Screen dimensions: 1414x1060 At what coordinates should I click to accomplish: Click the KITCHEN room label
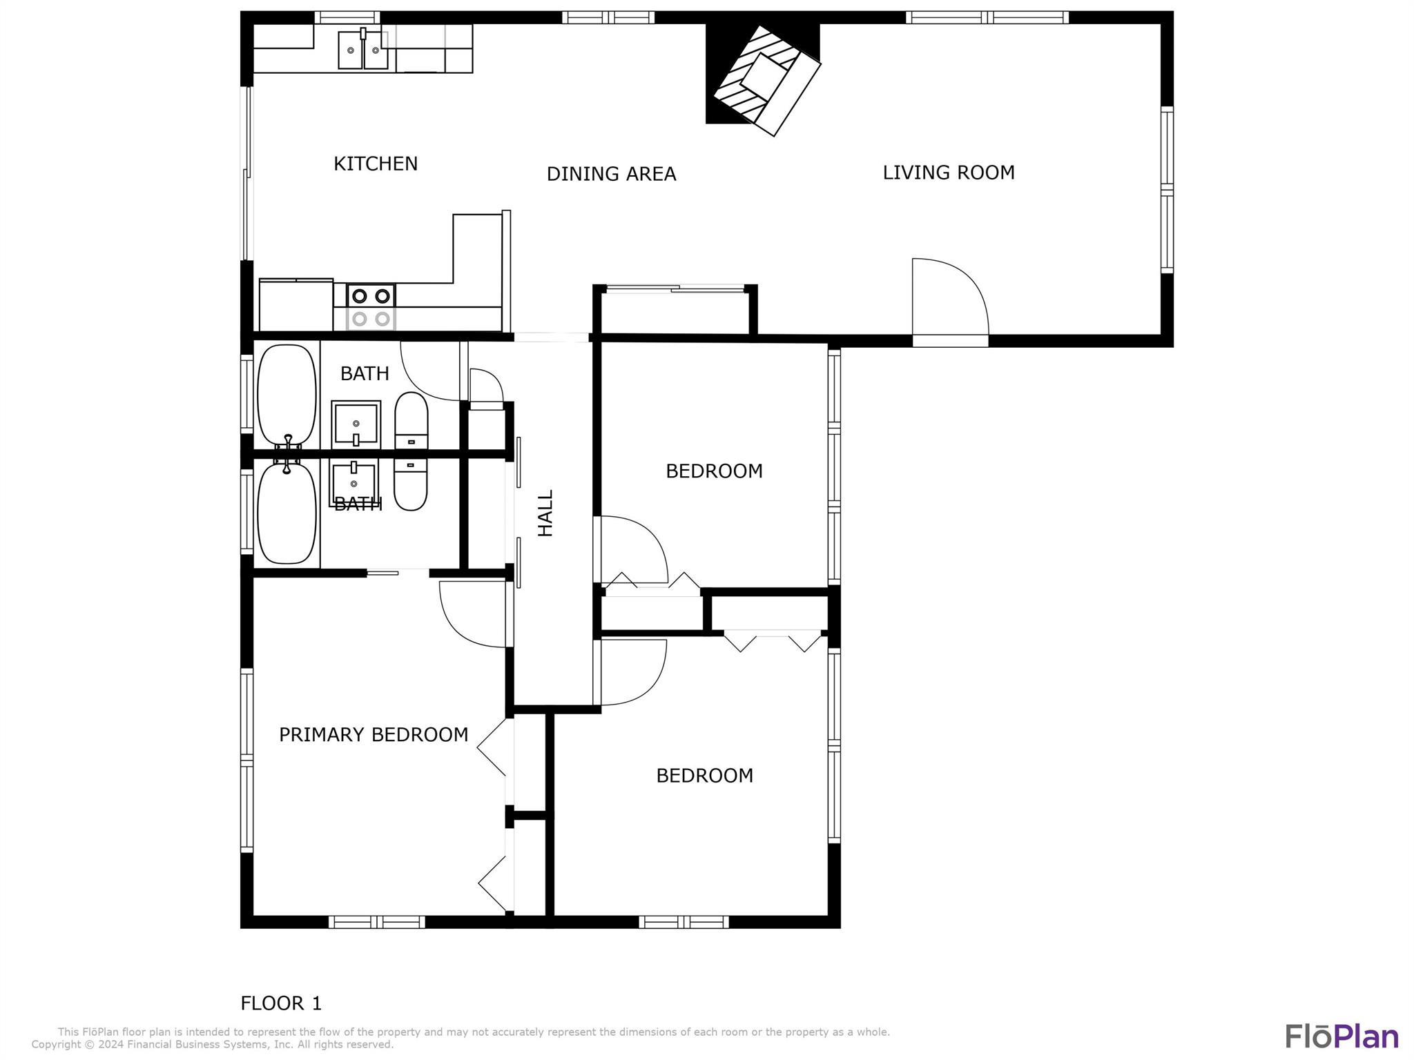tap(376, 164)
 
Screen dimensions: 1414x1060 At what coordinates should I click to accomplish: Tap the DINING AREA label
tap(611, 174)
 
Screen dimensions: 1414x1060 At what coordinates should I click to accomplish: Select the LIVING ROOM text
tap(949, 173)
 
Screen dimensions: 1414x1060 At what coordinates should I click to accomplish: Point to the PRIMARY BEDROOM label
tap(374, 735)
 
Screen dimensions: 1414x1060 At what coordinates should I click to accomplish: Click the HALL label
tap(545, 513)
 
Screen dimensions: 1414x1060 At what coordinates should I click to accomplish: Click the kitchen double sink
tap(363, 50)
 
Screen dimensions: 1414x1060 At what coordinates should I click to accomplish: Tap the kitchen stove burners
tap(371, 307)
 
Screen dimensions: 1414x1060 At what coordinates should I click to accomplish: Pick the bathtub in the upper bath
tap(287, 395)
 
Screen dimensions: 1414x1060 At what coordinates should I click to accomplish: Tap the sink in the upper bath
tap(356, 423)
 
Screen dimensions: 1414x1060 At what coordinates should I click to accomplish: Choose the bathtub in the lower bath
tap(287, 512)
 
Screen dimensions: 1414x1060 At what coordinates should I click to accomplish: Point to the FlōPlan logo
tap(1342, 1037)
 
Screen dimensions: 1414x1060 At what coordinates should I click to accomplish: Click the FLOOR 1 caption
tap(281, 1003)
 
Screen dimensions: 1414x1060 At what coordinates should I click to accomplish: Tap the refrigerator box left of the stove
tap(296, 305)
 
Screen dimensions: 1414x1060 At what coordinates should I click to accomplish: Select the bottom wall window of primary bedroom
tap(376, 921)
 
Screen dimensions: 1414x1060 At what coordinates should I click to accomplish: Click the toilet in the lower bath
tap(411, 485)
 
